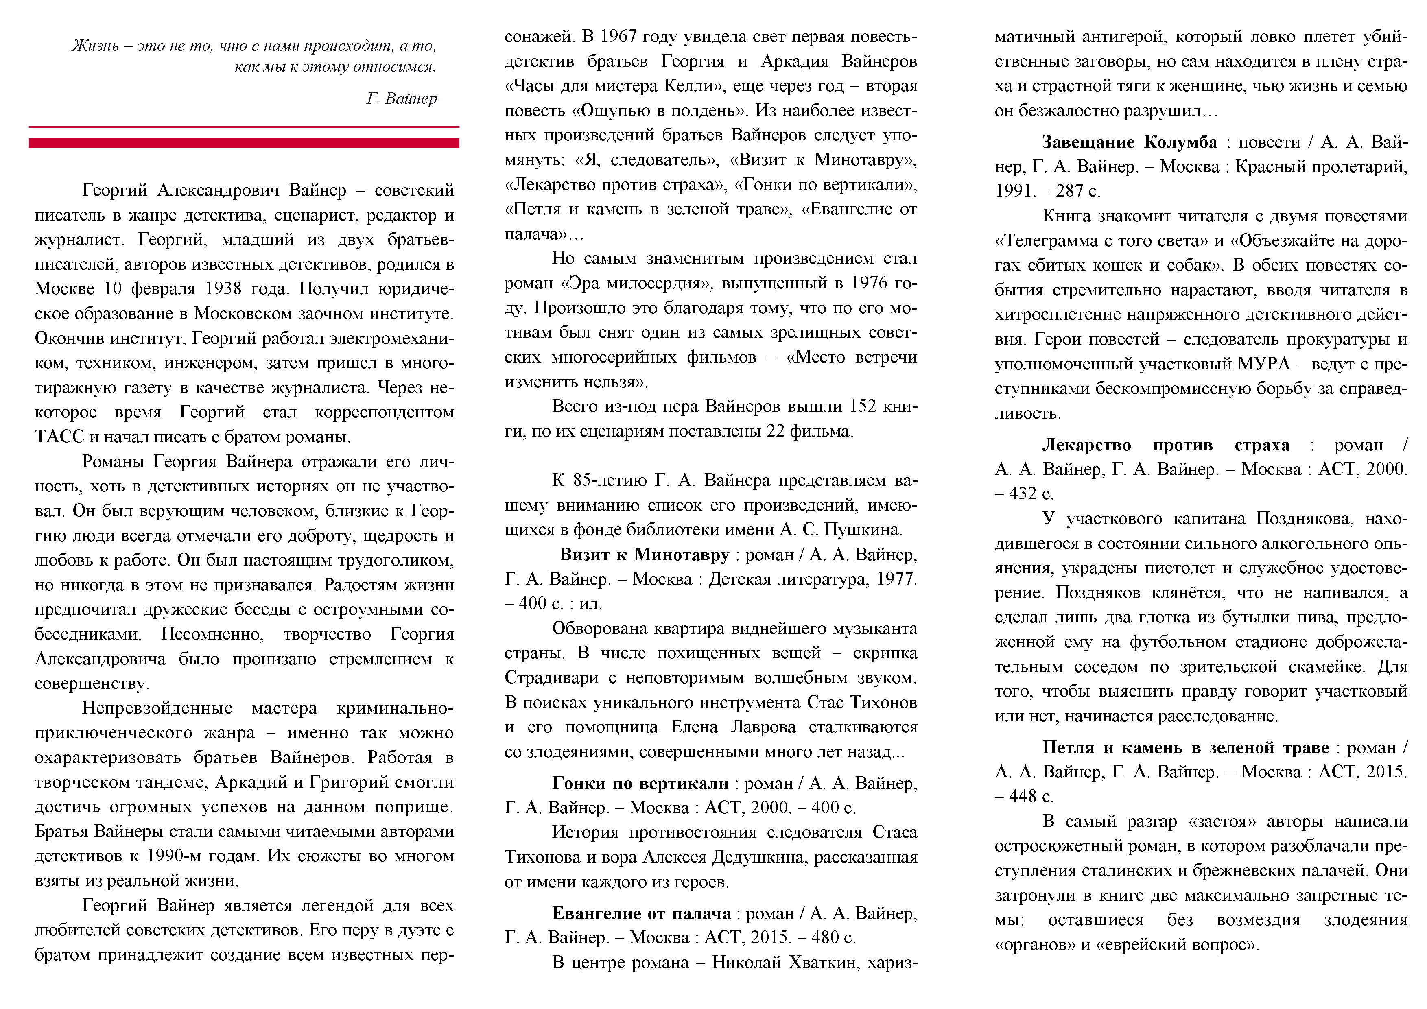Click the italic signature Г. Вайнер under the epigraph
click(x=402, y=98)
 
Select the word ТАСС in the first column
click(x=59, y=437)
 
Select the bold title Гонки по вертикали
click(x=640, y=783)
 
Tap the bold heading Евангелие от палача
click(x=641, y=913)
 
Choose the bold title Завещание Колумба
click(x=1129, y=142)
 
